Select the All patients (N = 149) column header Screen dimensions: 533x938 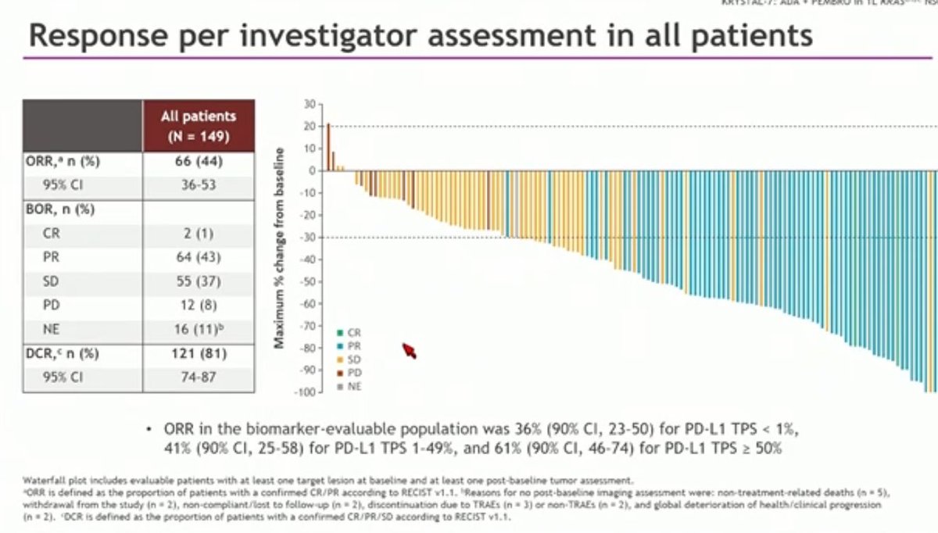click(198, 125)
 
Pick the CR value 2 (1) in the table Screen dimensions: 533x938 click(198, 233)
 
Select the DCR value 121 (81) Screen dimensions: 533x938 click(198, 353)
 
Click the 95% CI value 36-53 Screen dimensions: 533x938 click(198, 186)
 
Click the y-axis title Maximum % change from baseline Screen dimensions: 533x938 click(280, 248)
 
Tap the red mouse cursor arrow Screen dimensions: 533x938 click(409, 351)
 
